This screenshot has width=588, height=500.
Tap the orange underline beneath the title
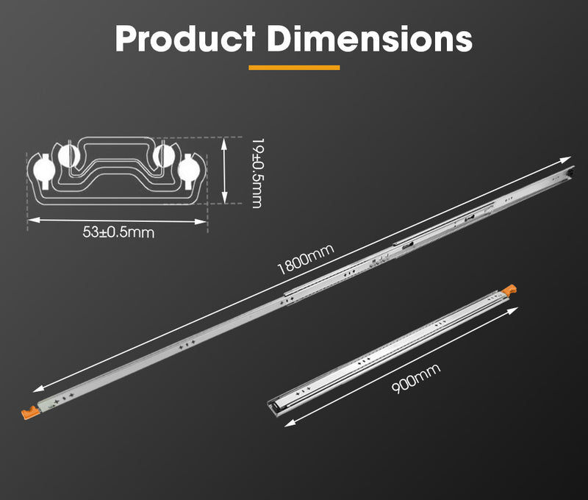[294, 68]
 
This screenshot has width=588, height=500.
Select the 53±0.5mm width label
[119, 232]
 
